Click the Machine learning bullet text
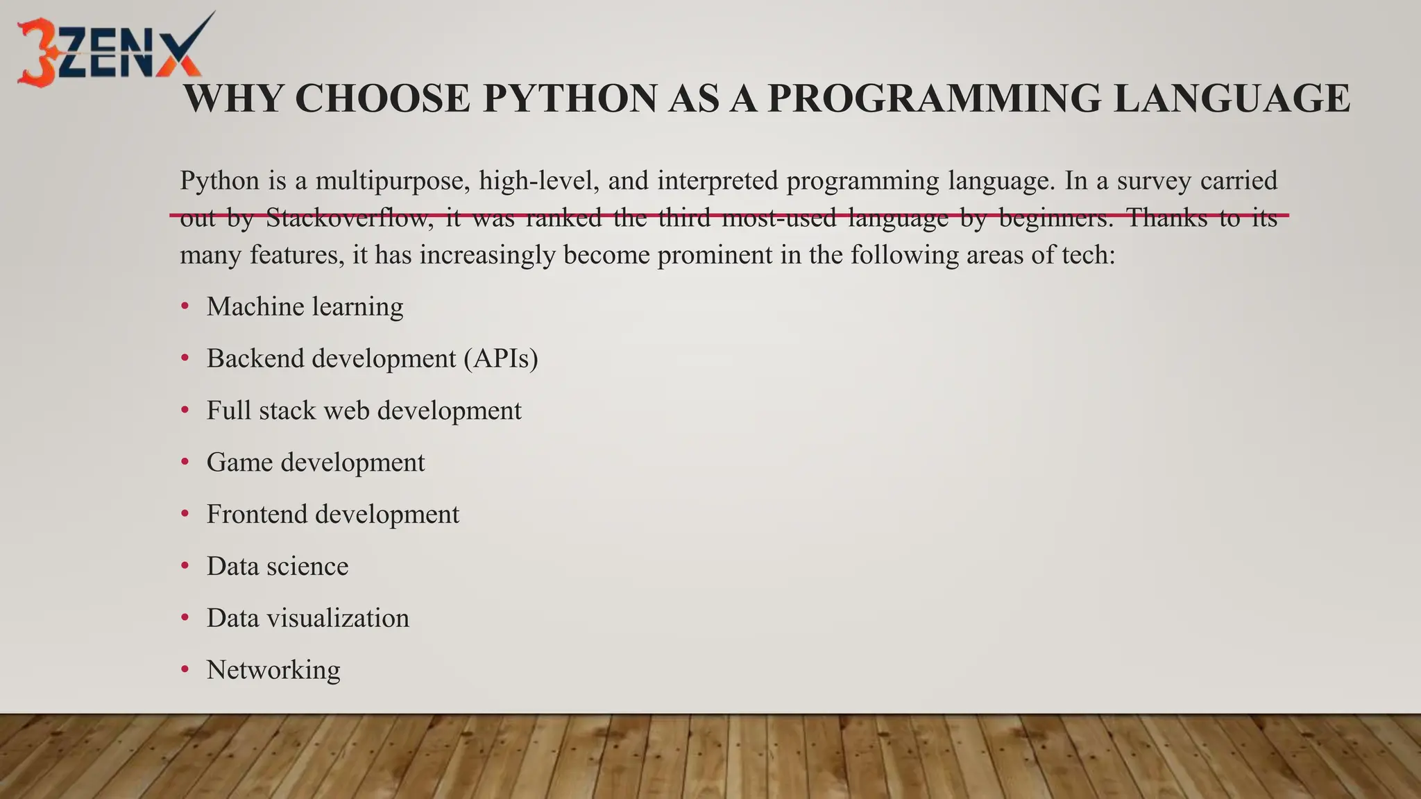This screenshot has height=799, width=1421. click(x=305, y=307)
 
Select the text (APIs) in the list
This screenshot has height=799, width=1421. click(x=501, y=359)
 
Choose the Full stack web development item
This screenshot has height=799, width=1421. click(x=364, y=411)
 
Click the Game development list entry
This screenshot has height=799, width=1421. click(x=316, y=463)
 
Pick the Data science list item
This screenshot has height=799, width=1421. click(x=278, y=567)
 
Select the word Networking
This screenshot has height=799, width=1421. click(x=273, y=670)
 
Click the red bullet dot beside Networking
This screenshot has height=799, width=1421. click(x=185, y=670)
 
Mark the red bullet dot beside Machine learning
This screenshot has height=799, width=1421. click(x=185, y=307)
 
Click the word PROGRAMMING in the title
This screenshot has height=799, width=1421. click(x=934, y=98)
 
